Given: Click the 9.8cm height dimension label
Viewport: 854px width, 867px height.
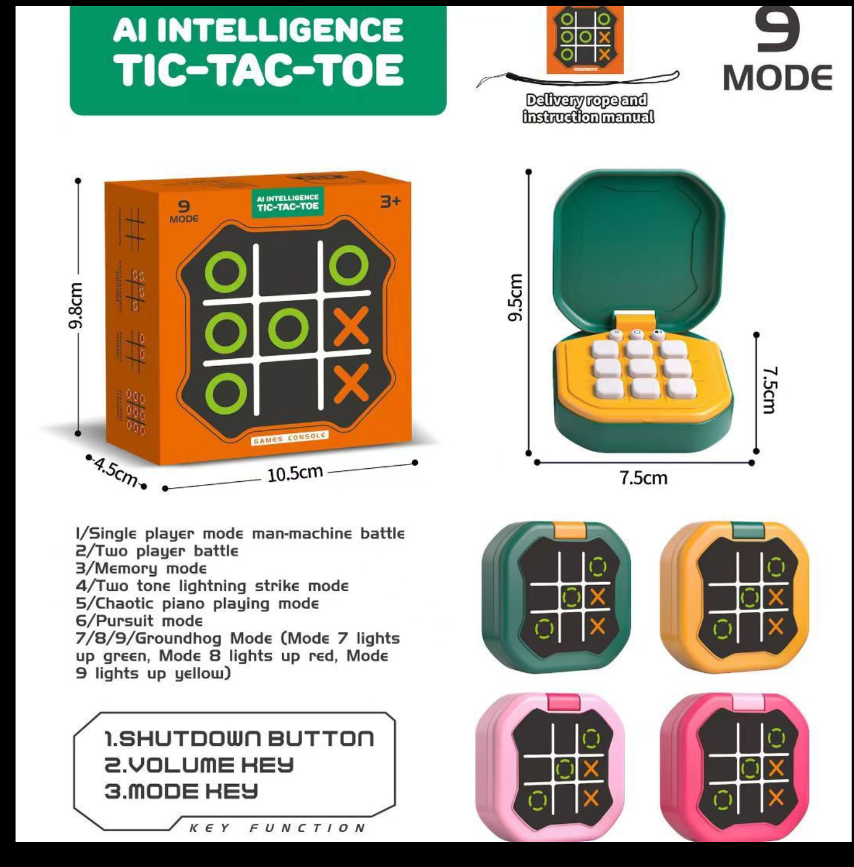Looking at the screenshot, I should [75, 305].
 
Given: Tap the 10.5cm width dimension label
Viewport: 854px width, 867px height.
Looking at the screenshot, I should [294, 474].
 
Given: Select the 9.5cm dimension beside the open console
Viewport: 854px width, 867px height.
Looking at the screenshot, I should [515, 297].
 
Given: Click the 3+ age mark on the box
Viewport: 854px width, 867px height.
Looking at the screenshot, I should [391, 201].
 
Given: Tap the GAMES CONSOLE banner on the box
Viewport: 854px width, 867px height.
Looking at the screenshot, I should [290, 438].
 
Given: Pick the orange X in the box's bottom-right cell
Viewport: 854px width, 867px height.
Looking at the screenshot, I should [351, 385].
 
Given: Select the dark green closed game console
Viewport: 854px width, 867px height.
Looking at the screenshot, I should [555, 597].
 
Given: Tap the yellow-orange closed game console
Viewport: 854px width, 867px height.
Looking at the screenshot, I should [735, 597].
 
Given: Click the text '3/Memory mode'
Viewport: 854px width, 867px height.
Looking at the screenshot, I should [141, 568].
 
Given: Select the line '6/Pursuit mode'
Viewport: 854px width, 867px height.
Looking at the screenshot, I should [139, 621].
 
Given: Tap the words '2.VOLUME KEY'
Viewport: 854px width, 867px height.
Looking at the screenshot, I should [199, 765].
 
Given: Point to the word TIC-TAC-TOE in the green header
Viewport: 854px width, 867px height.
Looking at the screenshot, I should [259, 70].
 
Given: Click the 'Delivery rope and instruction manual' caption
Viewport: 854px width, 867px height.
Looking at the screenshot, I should [588, 108].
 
